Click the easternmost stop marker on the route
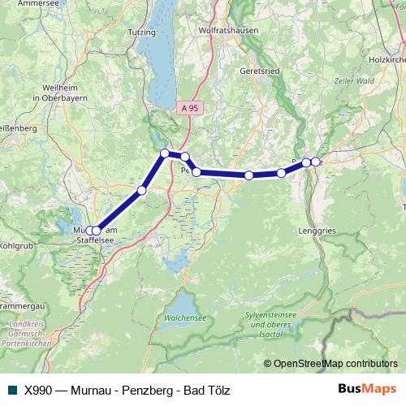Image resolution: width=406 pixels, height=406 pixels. click(x=315, y=162)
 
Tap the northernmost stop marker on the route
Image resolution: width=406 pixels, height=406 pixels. click(x=165, y=153)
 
